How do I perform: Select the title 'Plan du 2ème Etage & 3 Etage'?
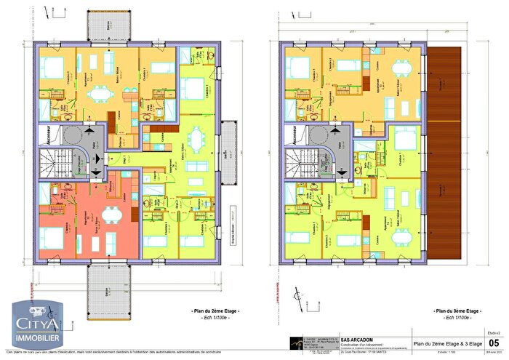[x=446, y=343]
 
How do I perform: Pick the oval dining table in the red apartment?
[x=111, y=213]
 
